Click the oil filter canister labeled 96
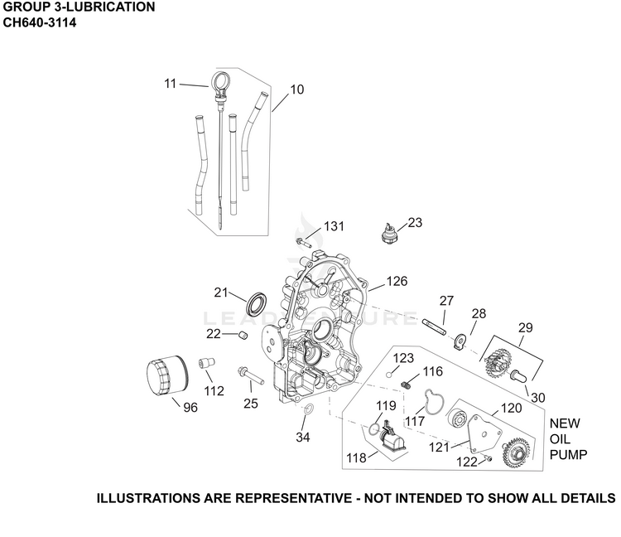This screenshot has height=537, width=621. click(167, 375)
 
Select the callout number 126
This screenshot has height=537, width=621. click(397, 281)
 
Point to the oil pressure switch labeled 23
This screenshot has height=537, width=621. click(388, 232)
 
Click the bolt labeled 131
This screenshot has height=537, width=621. click(303, 242)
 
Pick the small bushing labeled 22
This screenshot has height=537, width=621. click(243, 336)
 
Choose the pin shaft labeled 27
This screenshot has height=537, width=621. click(435, 327)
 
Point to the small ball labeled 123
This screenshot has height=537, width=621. click(389, 375)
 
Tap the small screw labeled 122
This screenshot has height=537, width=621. click(489, 459)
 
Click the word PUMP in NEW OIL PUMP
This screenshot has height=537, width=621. click(568, 455)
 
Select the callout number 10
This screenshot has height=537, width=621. click(297, 89)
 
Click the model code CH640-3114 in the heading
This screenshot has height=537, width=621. click(40, 22)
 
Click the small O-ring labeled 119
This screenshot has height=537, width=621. click(373, 428)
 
